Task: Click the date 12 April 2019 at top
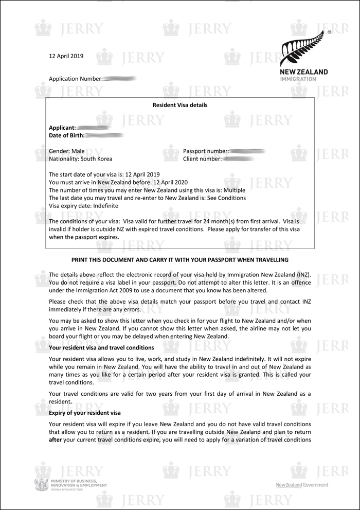(x=66, y=56)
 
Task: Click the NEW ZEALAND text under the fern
(x=303, y=72)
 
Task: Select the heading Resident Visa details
(x=180, y=105)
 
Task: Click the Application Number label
(x=75, y=79)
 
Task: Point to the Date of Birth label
(x=66, y=135)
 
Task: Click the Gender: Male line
(x=67, y=152)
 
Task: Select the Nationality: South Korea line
(x=80, y=159)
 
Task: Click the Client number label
(x=202, y=159)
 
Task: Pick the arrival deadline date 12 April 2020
(x=170, y=182)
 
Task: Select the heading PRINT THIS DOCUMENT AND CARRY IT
(x=180, y=260)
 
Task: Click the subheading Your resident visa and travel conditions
(x=101, y=348)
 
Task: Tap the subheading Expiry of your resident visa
(x=85, y=413)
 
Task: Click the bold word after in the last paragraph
(x=55, y=439)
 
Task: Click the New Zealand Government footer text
(x=302, y=485)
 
